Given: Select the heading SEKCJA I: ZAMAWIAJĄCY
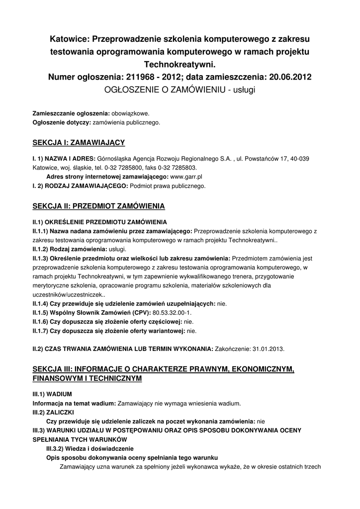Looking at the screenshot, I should point(79,143).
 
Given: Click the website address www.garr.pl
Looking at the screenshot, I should point(186,176).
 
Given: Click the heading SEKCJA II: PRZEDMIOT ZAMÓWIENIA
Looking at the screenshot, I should point(98,205).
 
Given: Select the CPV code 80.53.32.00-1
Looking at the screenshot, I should point(171,313).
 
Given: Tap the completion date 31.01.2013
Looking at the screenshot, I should point(268,348).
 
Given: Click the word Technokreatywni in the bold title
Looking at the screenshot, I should point(180,64).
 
